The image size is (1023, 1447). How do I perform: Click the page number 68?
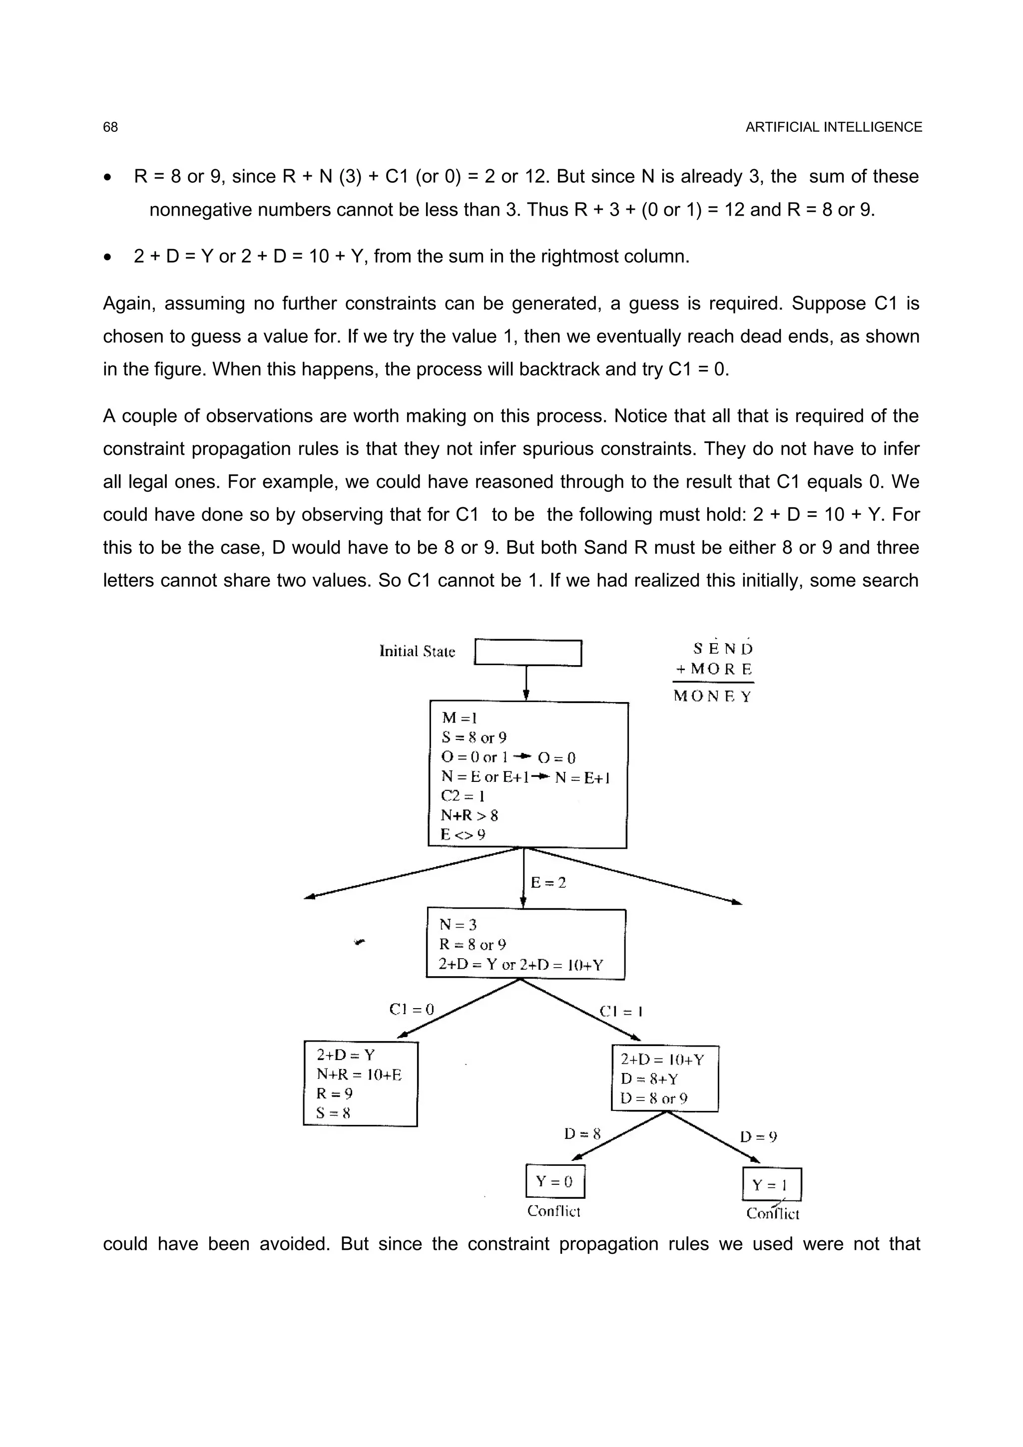click(x=110, y=127)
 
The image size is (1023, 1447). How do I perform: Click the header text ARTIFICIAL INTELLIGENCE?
click(x=833, y=127)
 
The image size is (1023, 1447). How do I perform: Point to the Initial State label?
click(x=417, y=652)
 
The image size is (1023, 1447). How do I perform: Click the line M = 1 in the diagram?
click(x=460, y=718)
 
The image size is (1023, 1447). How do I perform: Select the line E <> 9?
click(x=463, y=835)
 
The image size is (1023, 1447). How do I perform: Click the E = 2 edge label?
click(x=548, y=882)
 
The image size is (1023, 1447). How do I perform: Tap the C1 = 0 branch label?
click(x=412, y=1010)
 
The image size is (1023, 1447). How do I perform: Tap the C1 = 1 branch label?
click(x=621, y=1012)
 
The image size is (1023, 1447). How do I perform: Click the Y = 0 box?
click(x=554, y=1181)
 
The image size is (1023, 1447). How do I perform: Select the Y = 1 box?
click(x=772, y=1185)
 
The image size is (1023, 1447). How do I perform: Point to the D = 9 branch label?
click(x=758, y=1137)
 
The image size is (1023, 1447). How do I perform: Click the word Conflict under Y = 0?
click(x=553, y=1211)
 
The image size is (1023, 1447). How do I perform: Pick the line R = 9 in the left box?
click(x=335, y=1093)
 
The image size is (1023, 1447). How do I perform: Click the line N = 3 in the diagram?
click(x=458, y=925)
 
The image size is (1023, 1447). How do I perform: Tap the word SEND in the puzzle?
click(x=722, y=649)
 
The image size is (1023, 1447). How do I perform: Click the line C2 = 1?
click(x=463, y=796)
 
